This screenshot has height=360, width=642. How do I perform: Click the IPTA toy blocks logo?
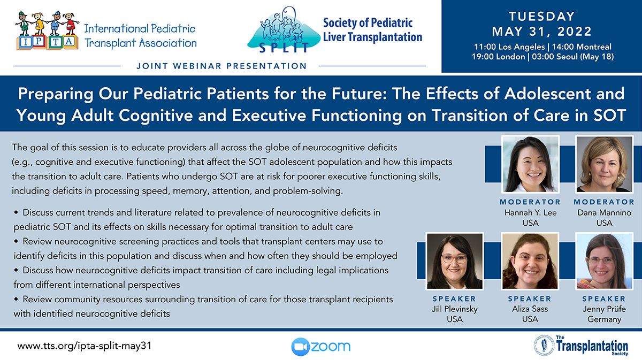[48, 30]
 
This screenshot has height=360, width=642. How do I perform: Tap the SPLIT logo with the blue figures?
[284, 30]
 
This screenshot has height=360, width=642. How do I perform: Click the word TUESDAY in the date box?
[541, 17]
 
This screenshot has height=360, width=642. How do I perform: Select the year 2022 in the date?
[575, 32]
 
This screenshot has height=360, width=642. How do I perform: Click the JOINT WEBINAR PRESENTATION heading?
[221, 66]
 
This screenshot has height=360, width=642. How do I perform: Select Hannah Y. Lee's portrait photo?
[530, 164]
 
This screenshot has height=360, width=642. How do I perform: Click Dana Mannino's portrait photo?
[604, 164]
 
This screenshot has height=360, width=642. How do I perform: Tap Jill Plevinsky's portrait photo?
[455, 261]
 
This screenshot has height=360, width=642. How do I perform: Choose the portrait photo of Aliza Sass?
[530, 261]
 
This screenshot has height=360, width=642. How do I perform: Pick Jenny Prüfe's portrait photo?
[604, 261]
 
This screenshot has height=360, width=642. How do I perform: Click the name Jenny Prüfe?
[604, 309]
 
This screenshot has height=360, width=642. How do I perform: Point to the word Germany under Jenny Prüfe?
[604, 319]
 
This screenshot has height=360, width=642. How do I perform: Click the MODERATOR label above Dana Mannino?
[604, 202]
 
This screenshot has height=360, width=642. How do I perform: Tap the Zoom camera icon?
[300, 347]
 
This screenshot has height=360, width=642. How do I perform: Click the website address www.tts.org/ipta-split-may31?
[85, 346]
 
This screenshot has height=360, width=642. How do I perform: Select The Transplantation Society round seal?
[544, 345]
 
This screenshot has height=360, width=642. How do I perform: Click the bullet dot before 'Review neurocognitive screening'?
[16, 241]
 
